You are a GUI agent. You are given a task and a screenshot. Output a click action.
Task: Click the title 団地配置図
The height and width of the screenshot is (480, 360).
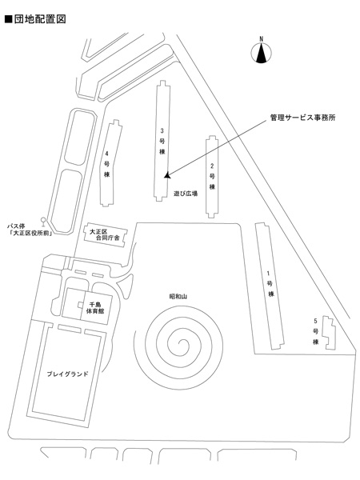(40, 19)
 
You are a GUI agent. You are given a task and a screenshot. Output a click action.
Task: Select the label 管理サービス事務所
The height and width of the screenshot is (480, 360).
(302, 118)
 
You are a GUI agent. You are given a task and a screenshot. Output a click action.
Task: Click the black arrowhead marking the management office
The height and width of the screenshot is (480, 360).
(167, 175)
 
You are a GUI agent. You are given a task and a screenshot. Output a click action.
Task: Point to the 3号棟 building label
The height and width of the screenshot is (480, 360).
(162, 141)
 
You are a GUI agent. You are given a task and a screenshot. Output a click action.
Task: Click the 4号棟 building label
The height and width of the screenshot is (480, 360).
(106, 164)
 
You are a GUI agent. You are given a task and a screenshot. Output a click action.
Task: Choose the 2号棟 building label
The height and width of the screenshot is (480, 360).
(212, 176)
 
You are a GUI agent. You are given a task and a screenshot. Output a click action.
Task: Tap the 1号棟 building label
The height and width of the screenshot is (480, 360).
(270, 283)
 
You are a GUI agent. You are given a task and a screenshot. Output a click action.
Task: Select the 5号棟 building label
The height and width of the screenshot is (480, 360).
(315, 331)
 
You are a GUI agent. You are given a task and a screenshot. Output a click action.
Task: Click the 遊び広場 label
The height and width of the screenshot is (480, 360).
(186, 194)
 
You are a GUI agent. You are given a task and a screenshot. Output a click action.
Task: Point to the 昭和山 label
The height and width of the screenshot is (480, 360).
(178, 296)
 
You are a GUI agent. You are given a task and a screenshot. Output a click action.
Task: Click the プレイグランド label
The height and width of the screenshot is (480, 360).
(67, 374)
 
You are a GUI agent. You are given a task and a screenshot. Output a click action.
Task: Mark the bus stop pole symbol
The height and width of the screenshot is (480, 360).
(43, 222)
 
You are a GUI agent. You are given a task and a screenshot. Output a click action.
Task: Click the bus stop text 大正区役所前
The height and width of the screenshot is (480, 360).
(30, 233)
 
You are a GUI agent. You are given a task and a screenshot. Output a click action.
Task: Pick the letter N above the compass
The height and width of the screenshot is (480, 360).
(261, 39)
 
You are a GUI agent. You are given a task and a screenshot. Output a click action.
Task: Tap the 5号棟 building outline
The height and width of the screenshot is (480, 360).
(329, 333)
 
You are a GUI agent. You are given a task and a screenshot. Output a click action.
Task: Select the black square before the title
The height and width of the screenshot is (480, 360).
(8, 19)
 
